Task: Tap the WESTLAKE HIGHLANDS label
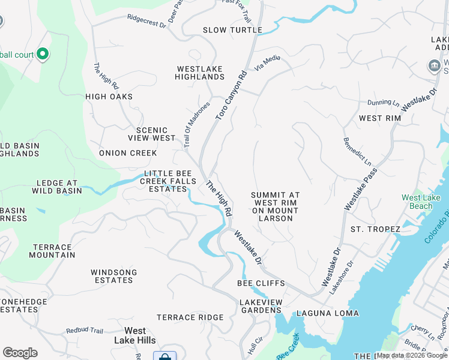200,73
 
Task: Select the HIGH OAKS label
109,97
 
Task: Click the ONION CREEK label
128,153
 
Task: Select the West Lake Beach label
417,202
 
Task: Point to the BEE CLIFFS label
261,283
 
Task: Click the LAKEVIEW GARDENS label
261,306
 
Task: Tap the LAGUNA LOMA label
327,313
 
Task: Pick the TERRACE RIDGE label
190,317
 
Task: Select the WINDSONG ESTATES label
113,277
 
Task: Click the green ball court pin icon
42,55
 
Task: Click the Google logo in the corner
20,353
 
